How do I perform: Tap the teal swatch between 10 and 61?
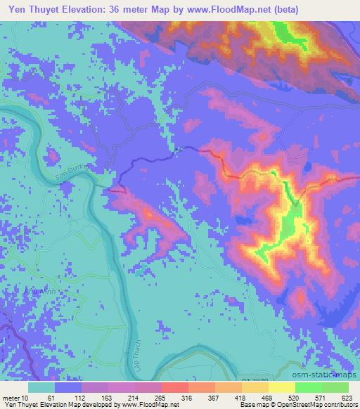41,388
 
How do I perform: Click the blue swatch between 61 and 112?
68,388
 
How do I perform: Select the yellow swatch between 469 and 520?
282,388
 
